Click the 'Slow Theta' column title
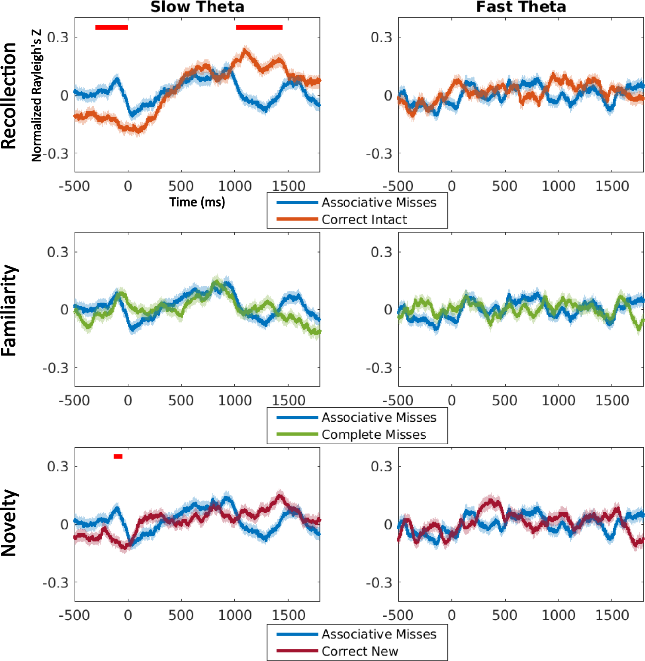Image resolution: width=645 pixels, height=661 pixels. (x=197, y=7)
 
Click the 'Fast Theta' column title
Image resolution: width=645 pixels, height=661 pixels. (x=521, y=7)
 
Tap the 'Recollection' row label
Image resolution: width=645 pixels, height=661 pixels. (x=9, y=95)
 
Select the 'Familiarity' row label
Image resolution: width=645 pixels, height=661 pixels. (x=9, y=310)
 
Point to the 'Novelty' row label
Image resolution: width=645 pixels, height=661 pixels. (x=9, y=523)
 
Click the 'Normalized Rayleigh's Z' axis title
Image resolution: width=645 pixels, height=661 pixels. (x=37, y=95)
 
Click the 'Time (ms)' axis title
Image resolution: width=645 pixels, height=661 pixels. (x=197, y=202)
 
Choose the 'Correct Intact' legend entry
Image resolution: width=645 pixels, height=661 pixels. (x=364, y=219)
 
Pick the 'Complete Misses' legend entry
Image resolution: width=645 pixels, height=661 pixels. (x=374, y=434)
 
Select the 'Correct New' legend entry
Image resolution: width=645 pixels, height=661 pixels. (x=359, y=651)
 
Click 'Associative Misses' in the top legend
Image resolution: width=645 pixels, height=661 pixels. (x=379, y=202)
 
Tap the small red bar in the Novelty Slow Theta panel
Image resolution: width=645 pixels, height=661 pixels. (x=118, y=456)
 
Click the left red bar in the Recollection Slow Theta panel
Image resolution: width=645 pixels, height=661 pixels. (x=111, y=28)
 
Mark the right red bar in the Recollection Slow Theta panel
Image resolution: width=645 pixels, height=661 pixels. (x=259, y=28)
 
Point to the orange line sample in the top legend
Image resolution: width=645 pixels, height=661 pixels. (x=297, y=219)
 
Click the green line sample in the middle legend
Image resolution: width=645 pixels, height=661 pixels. (x=297, y=434)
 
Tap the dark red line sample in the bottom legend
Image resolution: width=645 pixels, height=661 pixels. (x=297, y=651)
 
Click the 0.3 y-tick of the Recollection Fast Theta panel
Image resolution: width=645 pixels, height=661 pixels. (x=381, y=37)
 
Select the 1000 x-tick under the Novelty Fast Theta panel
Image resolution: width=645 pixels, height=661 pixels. (x=558, y=615)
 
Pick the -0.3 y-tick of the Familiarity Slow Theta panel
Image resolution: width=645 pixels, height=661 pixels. (x=55, y=368)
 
